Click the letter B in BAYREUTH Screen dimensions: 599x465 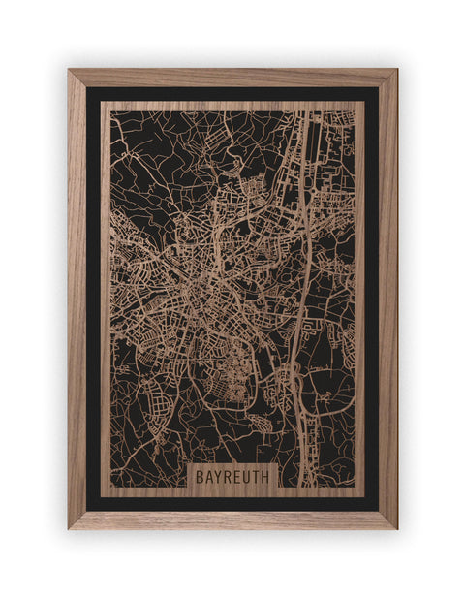(x=200, y=477)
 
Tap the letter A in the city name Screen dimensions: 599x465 (x=209, y=477)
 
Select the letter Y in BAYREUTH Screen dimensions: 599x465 (x=219, y=477)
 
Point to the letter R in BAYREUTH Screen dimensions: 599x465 (x=229, y=477)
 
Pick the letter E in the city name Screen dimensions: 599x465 (x=238, y=477)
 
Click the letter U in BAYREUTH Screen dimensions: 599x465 (x=248, y=477)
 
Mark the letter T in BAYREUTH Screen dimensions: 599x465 (x=258, y=477)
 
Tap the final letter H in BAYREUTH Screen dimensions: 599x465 (x=268, y=477)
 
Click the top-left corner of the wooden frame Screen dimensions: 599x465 (x=69, y=70)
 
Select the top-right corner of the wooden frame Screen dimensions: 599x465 (x=396, y=70)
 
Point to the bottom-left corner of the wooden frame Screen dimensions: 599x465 (x=69, y=528)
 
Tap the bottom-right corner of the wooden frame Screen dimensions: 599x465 (x=396, y=528)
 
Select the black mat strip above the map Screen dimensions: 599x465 (x=232, y=94)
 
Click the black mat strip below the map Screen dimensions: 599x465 (x=232, y=503)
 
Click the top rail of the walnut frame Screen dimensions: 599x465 (x=232, y=78)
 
